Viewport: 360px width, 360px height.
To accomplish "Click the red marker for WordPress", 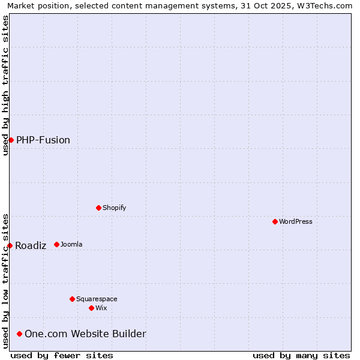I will coord(275,221).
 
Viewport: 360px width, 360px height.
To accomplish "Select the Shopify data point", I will coord(98,208).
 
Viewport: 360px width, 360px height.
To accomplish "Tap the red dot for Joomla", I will coord(56,244).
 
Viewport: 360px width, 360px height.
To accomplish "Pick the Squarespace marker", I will coord(72,299).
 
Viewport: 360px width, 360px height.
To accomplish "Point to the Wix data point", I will coord(91,308).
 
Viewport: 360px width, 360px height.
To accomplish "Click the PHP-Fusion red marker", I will coord(11,140).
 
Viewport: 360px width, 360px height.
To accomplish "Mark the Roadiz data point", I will coord(10,245).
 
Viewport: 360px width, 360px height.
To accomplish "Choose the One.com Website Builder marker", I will coord(19,334).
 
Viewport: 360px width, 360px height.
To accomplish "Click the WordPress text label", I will coord(295,221).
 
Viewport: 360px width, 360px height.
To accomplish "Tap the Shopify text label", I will coord(114,208).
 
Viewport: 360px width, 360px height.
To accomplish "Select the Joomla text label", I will coord(71,244).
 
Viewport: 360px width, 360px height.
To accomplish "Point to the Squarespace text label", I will coord(97,299).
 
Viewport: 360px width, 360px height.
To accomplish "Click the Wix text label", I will coord(101,308).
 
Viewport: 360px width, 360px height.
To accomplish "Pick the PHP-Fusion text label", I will coord(43,140).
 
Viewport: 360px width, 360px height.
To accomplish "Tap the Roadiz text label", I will coord(31,245).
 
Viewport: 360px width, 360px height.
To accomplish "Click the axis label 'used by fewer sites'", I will coord(62,355).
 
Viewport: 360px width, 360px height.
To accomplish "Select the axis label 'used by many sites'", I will coord(301,355).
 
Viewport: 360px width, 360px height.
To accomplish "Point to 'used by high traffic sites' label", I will coord(5,85).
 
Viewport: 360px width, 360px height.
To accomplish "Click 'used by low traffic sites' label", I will coord(5,281).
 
